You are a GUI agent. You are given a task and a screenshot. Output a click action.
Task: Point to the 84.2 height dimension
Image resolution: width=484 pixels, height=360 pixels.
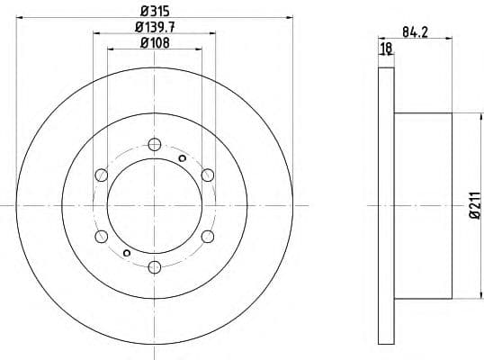click(x=413, y=32)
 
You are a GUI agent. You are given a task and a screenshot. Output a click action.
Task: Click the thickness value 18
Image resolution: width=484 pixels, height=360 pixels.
click(x=387, y=48)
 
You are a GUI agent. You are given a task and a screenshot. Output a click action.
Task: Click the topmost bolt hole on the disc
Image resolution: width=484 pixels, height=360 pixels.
click(x=154, y=144)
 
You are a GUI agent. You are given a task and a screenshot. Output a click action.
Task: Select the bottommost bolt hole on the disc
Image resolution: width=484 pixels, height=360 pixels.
click(x=154, y=266)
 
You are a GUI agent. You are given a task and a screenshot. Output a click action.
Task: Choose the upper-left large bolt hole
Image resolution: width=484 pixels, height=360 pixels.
click(x=101, y=175)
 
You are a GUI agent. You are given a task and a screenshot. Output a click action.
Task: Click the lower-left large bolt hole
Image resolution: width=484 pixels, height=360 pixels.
click(x=101, y=236)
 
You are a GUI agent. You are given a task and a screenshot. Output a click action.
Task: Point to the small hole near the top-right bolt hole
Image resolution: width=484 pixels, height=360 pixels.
click(x=183, y=158)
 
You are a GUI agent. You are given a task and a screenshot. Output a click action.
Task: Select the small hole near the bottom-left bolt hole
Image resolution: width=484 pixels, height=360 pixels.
click(x=126, y=252)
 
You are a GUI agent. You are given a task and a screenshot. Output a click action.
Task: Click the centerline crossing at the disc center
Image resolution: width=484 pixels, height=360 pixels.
click(x=154, y=205)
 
